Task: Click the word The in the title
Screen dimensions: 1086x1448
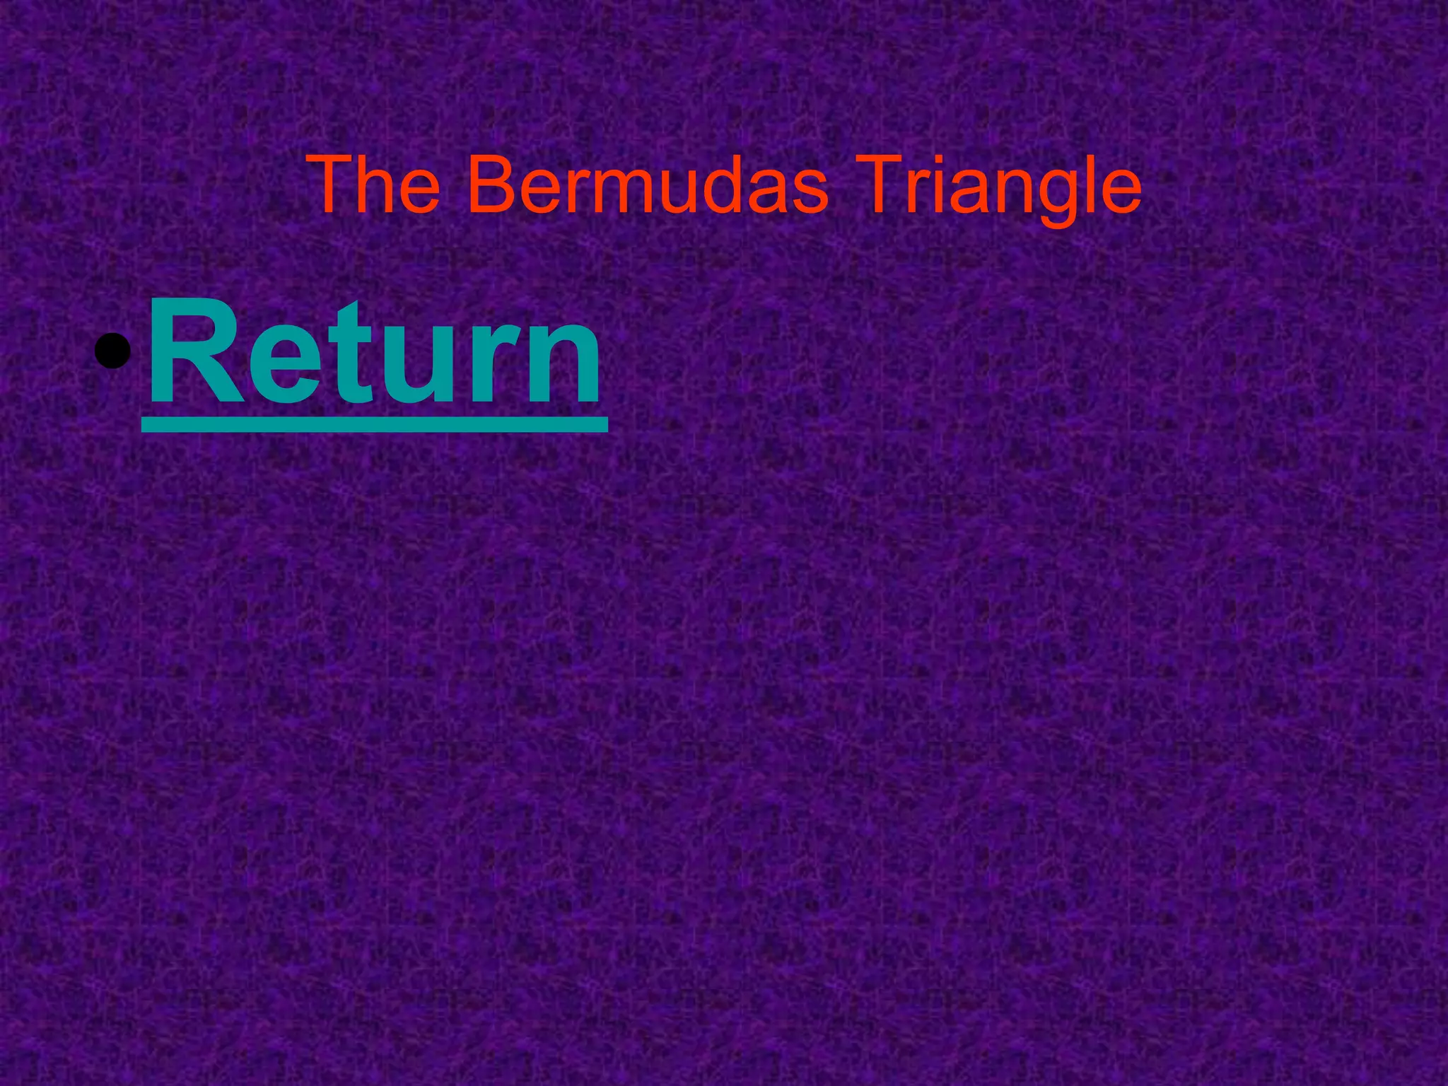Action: [x=375, y=185]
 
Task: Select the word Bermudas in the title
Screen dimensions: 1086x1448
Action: [x=646, y=185]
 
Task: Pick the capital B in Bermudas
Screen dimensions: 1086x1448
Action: [x=491, y=185]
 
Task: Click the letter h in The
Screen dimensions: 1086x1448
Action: [x=375, y=185]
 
